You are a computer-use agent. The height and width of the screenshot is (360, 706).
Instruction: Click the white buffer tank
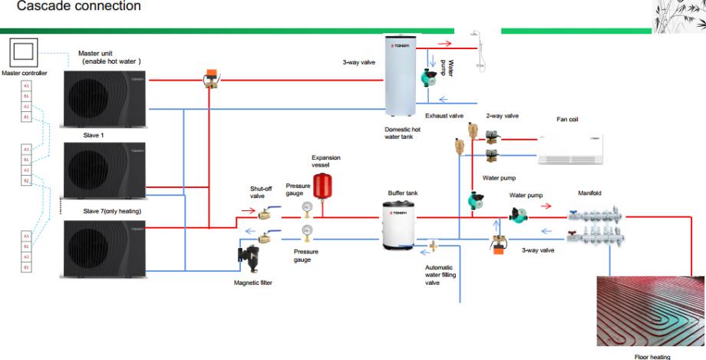coord(401,224)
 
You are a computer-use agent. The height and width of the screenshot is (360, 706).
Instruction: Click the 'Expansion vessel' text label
coord(326,160)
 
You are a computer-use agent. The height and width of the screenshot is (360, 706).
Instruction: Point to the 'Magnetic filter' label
coord(253,282)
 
